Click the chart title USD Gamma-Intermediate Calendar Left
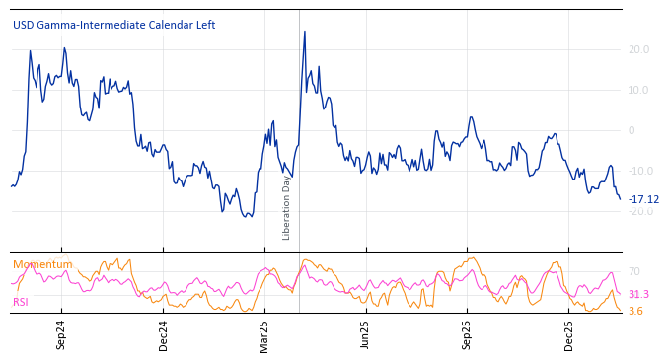tap(113, 26)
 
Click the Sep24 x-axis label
tap(61, 334)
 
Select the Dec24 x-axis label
tap(164, 334)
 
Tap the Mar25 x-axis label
tap(264, 334)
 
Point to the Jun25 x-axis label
tap(366, 334)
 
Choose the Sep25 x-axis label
tap(468, 334)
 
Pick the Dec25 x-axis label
tap(569, 334)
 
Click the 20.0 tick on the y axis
tap(638, 49)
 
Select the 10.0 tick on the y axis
tap(638, 90)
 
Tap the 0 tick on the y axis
tap(632, 130)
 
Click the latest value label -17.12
tap(643, 199)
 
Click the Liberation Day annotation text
tap(287, 207)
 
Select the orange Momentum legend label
tap(42, 264)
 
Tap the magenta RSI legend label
tap(21, 302)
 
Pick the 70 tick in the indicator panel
tap(634, 271)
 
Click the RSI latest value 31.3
tap(638, 294)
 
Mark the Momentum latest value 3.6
tap(635, 311)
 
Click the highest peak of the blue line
tap(304, 32)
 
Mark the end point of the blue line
tap(621, 199)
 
